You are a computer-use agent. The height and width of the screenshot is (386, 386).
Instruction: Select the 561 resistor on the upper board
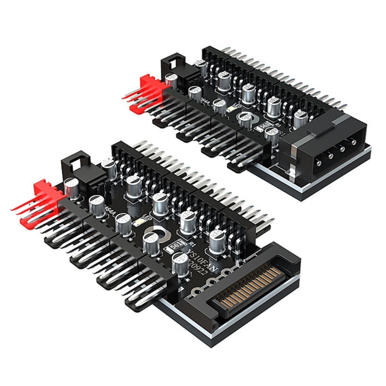[x=265, y=126]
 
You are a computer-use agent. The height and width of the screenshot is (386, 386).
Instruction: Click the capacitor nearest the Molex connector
[x=273, y=137]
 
